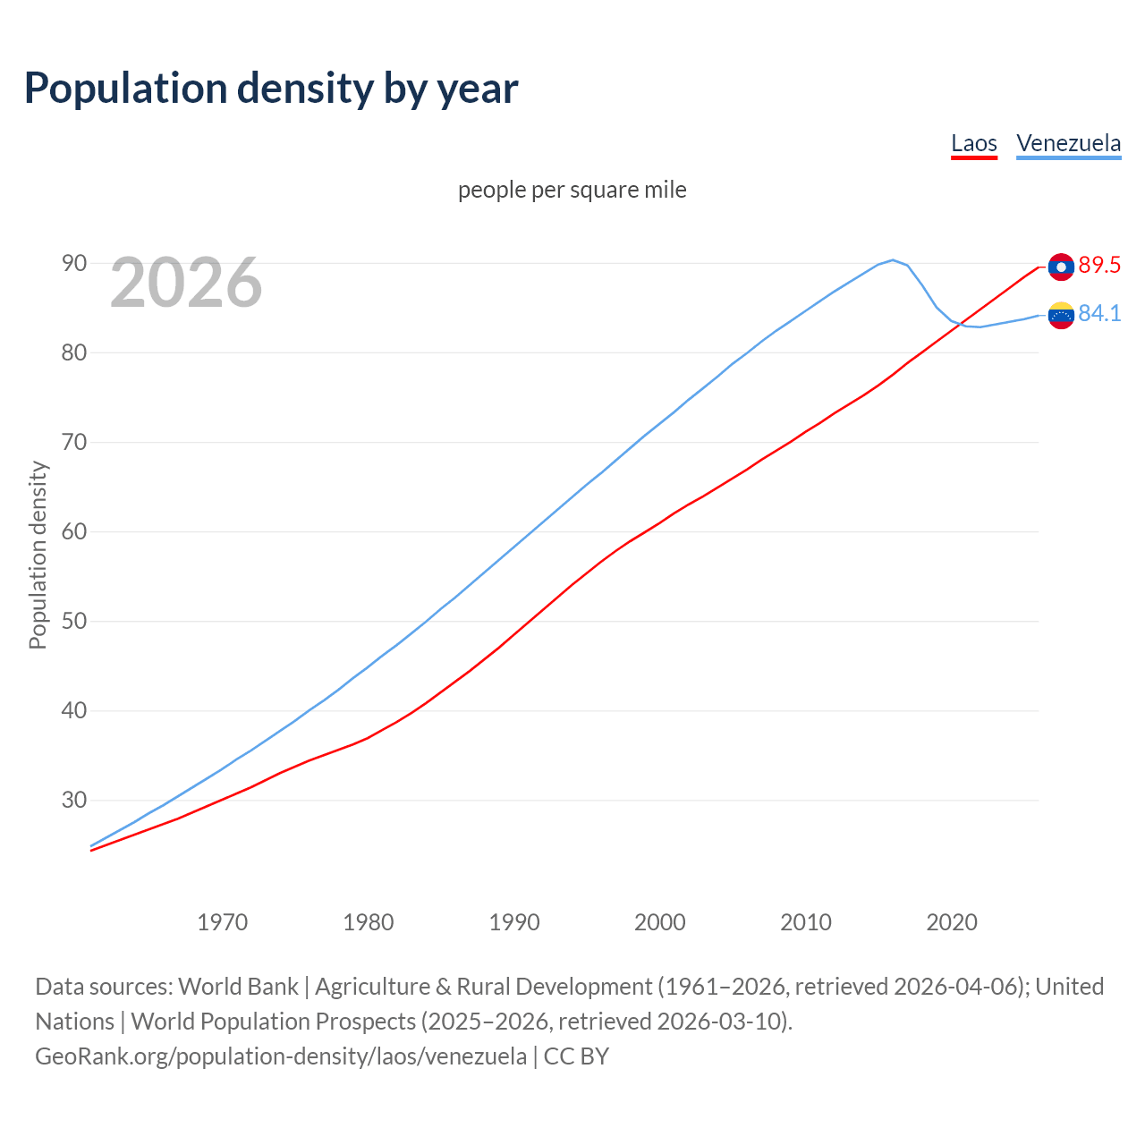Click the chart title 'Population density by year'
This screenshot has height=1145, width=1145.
271,88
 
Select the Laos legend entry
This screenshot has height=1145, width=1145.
973,143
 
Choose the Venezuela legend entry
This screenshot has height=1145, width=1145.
1068,143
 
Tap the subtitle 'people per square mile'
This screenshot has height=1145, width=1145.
572,190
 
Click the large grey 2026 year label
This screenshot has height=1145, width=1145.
186,283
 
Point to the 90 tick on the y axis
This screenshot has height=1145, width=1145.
74,263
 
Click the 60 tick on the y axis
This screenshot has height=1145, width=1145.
74,531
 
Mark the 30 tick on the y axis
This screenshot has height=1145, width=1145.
74,800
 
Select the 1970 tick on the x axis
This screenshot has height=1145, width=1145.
222,922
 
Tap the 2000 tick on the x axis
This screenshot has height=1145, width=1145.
659,922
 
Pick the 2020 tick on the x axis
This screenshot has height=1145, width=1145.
951,922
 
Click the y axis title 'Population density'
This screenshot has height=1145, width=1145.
38,555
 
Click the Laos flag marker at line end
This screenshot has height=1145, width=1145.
1061,267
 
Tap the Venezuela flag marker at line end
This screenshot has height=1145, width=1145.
1061,315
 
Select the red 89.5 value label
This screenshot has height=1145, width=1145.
1099,266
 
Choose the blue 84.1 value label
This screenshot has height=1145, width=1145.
1099,314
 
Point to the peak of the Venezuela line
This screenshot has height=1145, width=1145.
893,260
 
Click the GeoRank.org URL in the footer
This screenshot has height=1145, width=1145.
281,1056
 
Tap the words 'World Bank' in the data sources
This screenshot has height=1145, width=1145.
238,987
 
